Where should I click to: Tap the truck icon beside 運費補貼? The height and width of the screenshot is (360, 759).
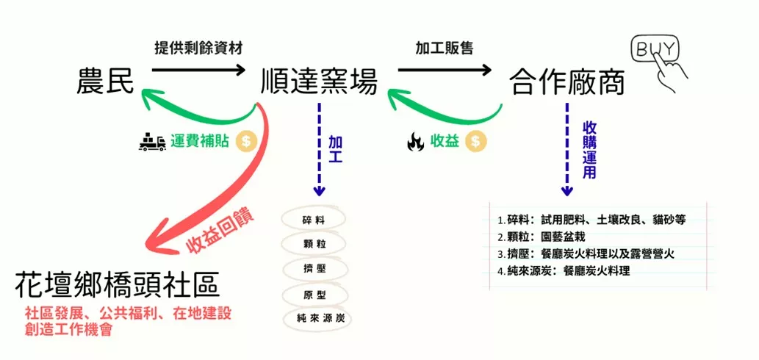pos(152,142)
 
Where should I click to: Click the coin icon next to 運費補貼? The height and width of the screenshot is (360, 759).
pos(245,141)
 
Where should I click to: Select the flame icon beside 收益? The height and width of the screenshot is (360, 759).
pos(415,142)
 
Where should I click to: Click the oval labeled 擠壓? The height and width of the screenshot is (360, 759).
pos(314,268)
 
